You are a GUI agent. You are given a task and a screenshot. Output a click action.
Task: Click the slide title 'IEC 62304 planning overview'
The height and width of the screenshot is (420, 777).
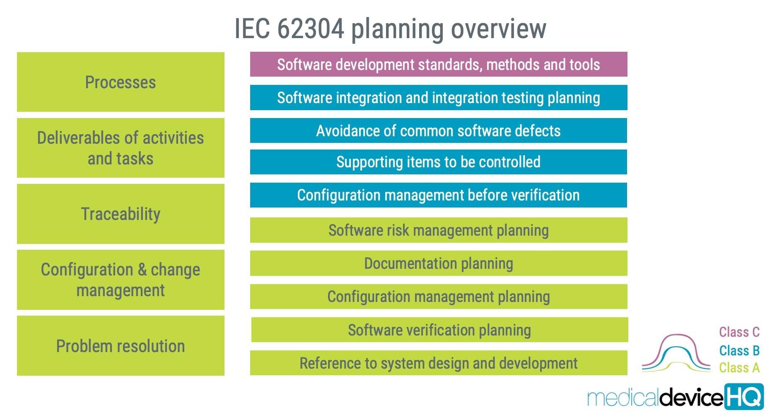(x=390, y=29)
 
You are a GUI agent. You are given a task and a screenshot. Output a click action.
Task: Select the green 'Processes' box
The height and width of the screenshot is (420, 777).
(x=121, y=82)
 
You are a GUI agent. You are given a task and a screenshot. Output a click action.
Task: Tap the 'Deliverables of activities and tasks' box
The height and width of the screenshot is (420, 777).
(x=121, y=148)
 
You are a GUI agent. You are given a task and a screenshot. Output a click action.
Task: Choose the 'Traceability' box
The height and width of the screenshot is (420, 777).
(x=121, y=214)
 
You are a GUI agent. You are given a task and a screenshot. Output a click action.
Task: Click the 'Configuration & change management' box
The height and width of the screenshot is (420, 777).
(x=121, y=280)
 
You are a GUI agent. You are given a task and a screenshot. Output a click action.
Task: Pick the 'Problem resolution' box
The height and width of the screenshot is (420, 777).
(x=121, y=346)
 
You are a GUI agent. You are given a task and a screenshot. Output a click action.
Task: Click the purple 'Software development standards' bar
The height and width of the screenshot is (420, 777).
(x=439, y=64)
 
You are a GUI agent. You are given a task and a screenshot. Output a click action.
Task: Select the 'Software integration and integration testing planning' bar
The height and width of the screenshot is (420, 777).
(x=439, y=97)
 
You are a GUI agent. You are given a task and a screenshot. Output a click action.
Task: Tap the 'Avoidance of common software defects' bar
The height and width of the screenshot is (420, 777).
(x=439, y=130)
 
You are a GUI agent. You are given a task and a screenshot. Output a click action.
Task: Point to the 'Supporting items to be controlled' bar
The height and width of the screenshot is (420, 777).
(x=439, y=162)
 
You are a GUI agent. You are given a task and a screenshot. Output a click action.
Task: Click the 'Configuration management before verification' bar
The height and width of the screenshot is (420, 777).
(x=439, y=195)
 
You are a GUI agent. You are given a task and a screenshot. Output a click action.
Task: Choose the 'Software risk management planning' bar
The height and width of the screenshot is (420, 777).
(x=439, y=230)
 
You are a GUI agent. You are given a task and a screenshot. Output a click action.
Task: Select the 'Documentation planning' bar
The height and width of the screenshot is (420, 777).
(x=439, y=263)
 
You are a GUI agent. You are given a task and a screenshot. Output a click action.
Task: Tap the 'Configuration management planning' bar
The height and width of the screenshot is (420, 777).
(x=439, y=297)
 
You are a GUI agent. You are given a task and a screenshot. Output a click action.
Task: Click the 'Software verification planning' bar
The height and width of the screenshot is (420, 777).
(x=439, y=330)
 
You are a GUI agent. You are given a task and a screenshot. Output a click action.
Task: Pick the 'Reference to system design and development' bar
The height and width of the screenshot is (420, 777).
(x=439, y=363)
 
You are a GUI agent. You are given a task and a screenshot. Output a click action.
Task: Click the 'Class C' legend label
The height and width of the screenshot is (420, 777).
(x=739, y=332)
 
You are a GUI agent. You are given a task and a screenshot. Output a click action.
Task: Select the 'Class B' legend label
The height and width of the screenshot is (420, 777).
(x=739, y=350)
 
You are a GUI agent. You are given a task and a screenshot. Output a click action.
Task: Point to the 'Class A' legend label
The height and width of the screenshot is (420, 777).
(x=739, y=367)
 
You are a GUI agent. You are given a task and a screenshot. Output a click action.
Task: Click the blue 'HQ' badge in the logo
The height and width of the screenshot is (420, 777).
(x=744, y=397)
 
